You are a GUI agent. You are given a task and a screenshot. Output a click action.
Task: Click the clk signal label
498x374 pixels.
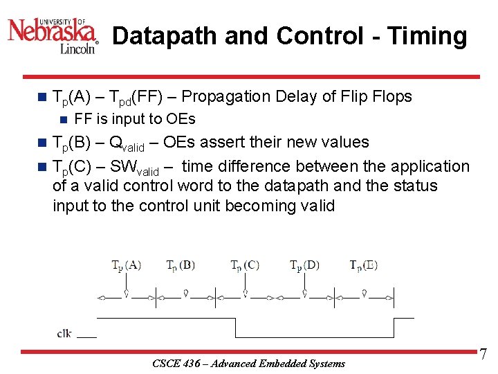point(64,333)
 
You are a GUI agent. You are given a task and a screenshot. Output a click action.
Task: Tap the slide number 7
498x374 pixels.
point(483,355)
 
